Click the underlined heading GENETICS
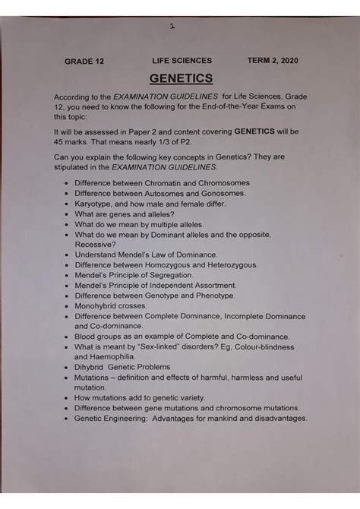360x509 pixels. pyautogui.click(x=181, y=77)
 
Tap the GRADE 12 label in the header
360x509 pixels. pyautogui.click(x=84, y=61)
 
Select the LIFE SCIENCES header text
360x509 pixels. pyautogui.click(x=182, y=60)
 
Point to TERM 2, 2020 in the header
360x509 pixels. pyautogui.click(x=273, y=60)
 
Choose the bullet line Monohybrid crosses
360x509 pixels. pyautogui.click(x=112, y=305)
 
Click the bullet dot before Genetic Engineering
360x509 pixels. pyautogui.click(x=67, y=419)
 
